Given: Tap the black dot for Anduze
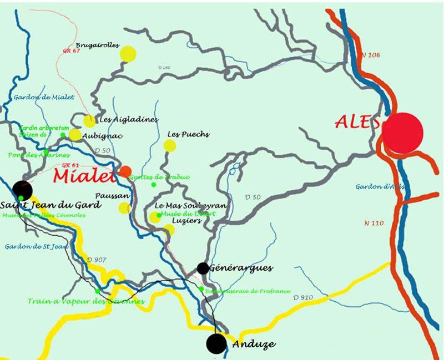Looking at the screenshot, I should point(216,343).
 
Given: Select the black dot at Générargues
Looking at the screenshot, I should point(203,268).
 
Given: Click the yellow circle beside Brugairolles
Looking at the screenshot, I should point(128,53).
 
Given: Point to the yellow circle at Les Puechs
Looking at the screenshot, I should point(170,146).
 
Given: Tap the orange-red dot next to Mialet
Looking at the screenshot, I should point(126,171).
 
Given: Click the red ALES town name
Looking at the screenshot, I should point(358,121).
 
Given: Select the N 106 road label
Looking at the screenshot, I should point(370,55).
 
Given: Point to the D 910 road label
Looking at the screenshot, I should point(303,298).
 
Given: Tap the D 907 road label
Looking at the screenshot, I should point(96,260).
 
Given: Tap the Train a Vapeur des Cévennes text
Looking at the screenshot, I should point(86,301).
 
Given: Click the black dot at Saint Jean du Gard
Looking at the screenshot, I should point(23,189).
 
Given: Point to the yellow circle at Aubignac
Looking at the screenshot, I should point(75,135).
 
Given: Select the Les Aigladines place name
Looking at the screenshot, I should point(128,119).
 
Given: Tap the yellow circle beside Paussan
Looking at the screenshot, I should point(125,208).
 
